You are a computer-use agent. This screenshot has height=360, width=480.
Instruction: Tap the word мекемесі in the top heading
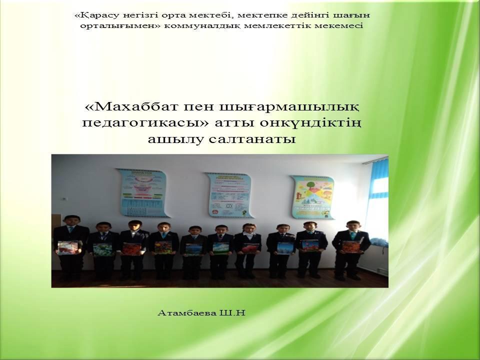coord(341,26)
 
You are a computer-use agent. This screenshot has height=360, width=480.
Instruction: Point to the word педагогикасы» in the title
coord(134,123)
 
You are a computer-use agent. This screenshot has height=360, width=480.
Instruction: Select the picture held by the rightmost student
coord(351,246)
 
